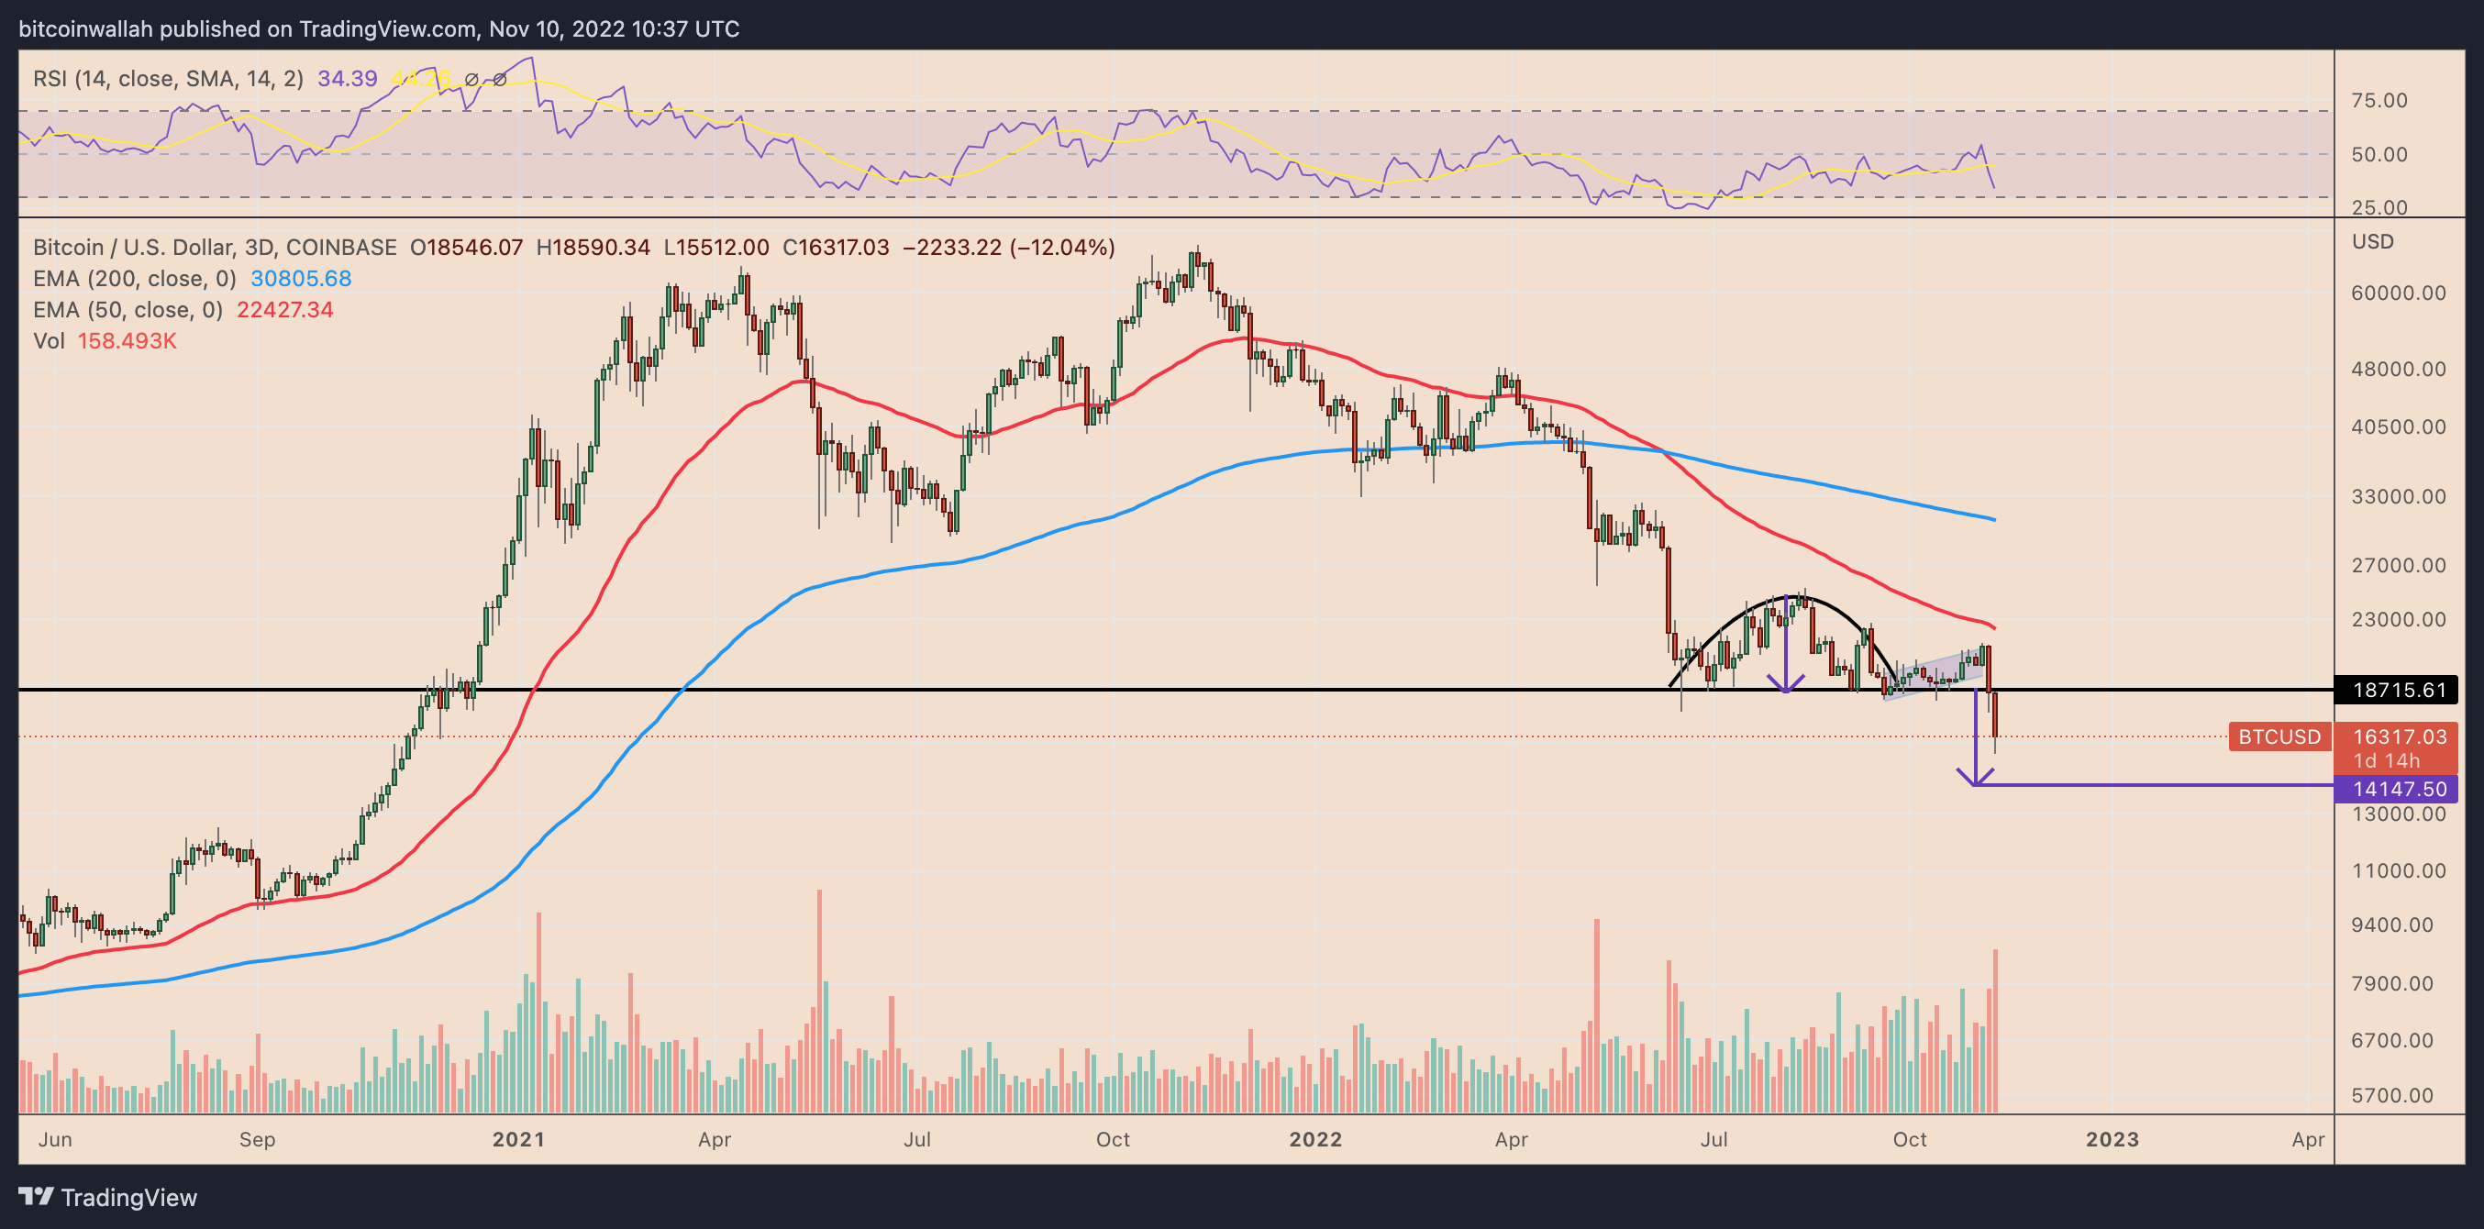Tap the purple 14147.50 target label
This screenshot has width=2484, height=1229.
click(2398, 789)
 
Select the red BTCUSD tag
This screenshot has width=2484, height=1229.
click(2279, 736)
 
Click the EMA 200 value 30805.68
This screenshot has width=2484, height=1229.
click(301, 279)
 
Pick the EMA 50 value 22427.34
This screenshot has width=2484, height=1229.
click(284, 309)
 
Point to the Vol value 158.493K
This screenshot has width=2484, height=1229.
click(128, 341)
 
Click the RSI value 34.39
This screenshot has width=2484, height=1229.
click(347, 78)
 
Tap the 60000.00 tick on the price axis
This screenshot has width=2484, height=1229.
click(2398, 293)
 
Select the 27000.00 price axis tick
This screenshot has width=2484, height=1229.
click(2398, 565)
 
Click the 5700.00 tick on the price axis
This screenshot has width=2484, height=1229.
click(2398, 1095)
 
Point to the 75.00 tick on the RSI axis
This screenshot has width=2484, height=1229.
click(2379, 100)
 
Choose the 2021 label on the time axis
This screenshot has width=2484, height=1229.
click(518, 1139)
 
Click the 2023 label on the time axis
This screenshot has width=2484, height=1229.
click(2112, 1139)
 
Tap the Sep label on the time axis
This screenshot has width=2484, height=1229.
click(257, 1139)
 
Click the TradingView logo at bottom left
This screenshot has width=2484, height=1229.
click(107, 1197)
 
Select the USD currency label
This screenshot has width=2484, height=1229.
click(2372, 241)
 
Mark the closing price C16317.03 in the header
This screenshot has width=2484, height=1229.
click(835, 248)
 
